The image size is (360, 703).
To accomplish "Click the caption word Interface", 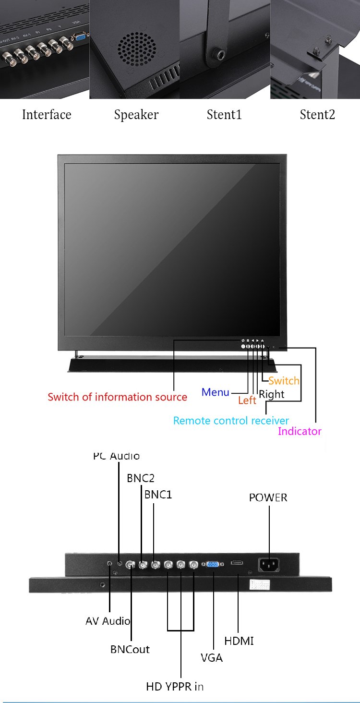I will (47, 115).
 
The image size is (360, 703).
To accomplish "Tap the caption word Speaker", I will (136, 115).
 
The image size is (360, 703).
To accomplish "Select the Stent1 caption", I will (224, 115).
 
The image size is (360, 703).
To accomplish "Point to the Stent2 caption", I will (317, 115).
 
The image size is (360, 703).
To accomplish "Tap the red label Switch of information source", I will (117, 397).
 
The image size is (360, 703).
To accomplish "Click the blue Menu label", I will (216, 392).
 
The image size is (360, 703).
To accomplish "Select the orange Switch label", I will (284, 381).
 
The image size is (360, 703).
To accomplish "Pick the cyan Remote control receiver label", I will (231, 421).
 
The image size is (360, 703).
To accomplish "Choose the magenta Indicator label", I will (300, 431).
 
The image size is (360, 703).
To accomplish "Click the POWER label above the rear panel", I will (268, 497).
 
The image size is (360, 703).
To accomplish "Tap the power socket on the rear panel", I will (269, 564).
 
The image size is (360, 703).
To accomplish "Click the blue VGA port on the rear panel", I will (213, 564).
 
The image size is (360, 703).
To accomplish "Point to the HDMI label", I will (239, 641).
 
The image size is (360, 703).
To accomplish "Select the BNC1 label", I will (158, 494).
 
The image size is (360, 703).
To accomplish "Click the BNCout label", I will (130, 649).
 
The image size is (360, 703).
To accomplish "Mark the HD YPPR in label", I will (175, 687).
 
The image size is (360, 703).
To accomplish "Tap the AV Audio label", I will (108, 621).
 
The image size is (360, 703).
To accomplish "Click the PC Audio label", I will (117, 456).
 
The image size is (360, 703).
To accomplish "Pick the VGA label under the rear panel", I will (212, 658).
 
